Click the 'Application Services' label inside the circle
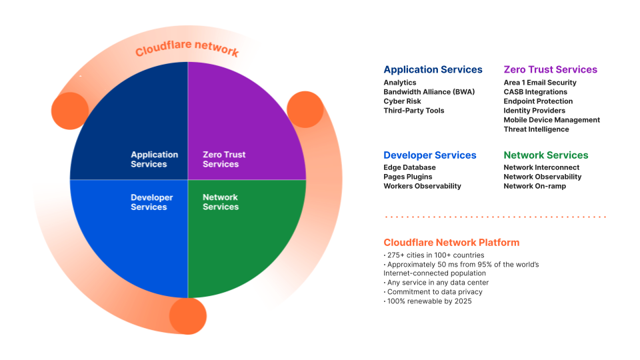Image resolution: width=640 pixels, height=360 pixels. click(x=154, y=159)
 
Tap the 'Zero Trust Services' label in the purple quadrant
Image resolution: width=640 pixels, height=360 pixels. click(x=224, y=159)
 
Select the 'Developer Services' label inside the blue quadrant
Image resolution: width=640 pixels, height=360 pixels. click(x=151, y=202)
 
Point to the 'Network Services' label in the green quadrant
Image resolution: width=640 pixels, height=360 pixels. click(x=221, y=202)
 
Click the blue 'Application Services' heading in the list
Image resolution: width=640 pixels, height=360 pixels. click(x=433, y=69)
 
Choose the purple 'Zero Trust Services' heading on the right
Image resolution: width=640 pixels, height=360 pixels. click(x=550, y=69)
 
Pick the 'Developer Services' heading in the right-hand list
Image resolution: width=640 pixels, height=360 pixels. click(x=430, y=155)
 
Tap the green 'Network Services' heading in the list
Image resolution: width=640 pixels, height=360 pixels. click(x=546, y=155)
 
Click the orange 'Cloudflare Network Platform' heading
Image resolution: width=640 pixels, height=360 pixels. click(x=451, y=242)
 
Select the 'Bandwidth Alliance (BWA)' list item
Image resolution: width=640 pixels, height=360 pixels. click(x=429, y=92)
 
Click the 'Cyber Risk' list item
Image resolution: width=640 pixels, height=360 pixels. click(x=402, y=101)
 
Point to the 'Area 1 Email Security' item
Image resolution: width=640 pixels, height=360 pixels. click(x=540, y=83)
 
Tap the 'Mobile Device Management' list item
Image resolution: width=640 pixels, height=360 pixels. click(x=551, y=120)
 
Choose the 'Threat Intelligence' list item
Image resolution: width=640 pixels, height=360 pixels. click(x=536, y=129)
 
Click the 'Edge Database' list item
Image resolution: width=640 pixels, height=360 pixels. click(x=409, y=168)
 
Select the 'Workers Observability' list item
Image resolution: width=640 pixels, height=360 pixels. click(x=422, y=187)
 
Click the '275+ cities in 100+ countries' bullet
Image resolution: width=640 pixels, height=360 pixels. click(x=434, y=255)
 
